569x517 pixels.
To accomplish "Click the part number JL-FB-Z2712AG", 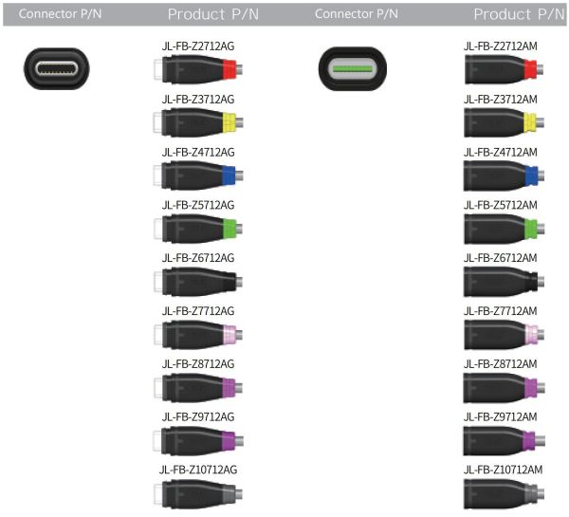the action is click(x=198, y=46).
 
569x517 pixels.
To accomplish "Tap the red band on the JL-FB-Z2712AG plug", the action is click(x=229, y=69).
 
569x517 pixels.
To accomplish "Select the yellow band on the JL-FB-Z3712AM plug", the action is click(x=530, y=122).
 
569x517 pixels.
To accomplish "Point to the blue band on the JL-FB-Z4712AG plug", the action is click(x=229, y=175).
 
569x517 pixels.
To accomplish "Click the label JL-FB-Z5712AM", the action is click(x=501, y=206).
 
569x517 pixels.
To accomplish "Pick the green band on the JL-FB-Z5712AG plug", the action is click(x=229, y=229).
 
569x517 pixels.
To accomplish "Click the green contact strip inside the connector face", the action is click(x=353, y=68).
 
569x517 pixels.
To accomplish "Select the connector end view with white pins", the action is click(x=57, y=68).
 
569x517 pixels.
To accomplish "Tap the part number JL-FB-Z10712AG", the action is click(x=198, y=470).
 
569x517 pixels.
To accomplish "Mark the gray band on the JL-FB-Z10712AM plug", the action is click(x=530, y=493).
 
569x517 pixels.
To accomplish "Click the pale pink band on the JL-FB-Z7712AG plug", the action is click(x=229, y=334).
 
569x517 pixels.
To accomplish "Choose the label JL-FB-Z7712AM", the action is click(x=501, y=311).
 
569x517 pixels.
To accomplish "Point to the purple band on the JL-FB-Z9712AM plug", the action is click(x=529, y=440).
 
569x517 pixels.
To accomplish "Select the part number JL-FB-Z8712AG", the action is click(x=198, y=364).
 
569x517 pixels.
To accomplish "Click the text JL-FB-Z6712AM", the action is click(x=501, y=258).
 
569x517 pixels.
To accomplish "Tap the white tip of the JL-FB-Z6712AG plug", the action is click(x=157, y=282).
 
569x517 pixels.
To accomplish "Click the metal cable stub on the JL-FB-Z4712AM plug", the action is click(x=541, y=175).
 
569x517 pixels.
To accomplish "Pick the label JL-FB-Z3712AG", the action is click(x=198, y=100).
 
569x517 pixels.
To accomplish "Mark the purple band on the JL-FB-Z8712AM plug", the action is click(x=530, y=387).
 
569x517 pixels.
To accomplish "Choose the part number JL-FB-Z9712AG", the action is click(x=198, y=417).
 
